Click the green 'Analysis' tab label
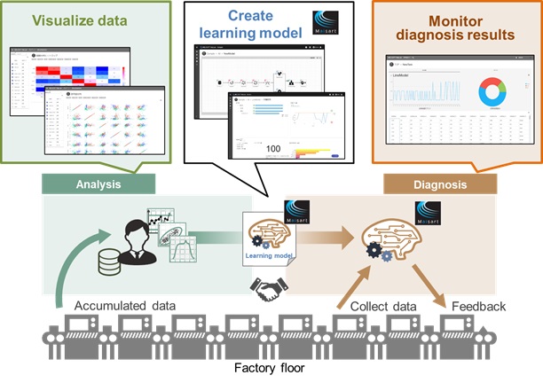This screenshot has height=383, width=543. tap(98, 184)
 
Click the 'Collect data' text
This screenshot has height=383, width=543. tap(382, 306)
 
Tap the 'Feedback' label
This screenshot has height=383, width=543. tap(479, 306)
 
